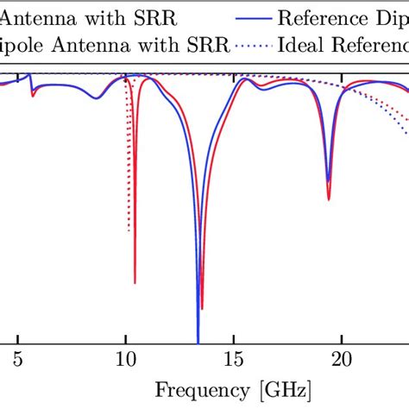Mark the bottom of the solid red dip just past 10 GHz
point(135,282)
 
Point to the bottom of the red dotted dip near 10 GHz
point(129,230)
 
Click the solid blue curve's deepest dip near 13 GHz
point(198,341)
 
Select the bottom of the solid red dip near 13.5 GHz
point(202,308)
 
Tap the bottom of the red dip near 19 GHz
point(328,199)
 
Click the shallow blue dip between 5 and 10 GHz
point(97,98)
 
